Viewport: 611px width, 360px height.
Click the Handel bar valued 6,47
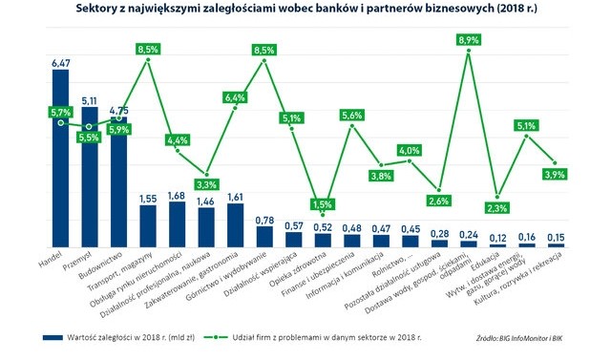point(61,159)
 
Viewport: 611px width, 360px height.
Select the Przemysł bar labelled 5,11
point(90,178)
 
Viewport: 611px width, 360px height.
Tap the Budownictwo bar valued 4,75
point(118,182)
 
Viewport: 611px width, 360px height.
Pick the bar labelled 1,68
point(177,224)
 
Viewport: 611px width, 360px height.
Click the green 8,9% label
point(469,40)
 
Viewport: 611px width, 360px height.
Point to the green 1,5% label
point(323,204)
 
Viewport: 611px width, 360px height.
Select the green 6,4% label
point(235,97)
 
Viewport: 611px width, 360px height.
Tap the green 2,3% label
point(497,208)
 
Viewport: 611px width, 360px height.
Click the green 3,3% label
point(206,184)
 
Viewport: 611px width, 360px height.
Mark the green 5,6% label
point(352,115)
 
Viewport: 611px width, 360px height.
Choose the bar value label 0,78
point(264,221)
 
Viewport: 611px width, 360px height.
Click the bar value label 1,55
point(148,199)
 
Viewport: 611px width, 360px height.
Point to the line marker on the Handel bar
point(61,123)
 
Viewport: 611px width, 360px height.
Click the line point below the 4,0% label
point(410,161)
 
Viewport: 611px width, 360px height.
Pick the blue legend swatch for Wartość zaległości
point(53,337)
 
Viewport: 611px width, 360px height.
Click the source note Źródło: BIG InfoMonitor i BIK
point(519,338)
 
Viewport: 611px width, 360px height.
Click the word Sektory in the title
point(93,9)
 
